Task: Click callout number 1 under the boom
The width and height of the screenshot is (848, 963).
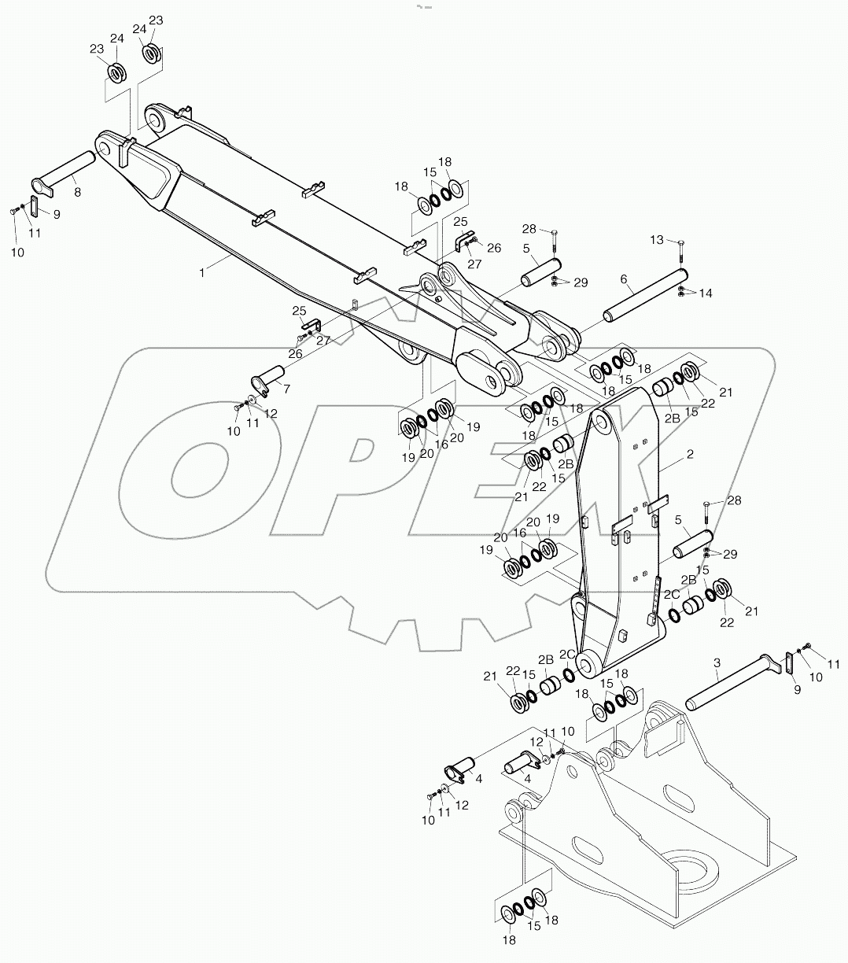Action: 203,271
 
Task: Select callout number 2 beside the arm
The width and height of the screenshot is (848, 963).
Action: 689,454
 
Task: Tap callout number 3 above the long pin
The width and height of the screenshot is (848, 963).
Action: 717,664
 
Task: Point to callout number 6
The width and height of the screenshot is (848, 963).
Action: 624,279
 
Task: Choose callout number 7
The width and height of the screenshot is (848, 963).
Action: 286,388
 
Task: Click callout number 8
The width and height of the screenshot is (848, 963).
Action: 76,190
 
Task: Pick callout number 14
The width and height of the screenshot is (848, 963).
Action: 705,293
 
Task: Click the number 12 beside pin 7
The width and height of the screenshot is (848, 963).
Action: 271,413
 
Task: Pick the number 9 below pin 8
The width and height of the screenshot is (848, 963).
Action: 56,212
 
